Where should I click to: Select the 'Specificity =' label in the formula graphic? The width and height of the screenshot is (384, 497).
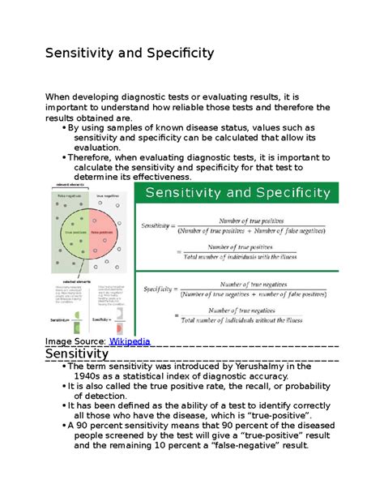pos(162,288)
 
